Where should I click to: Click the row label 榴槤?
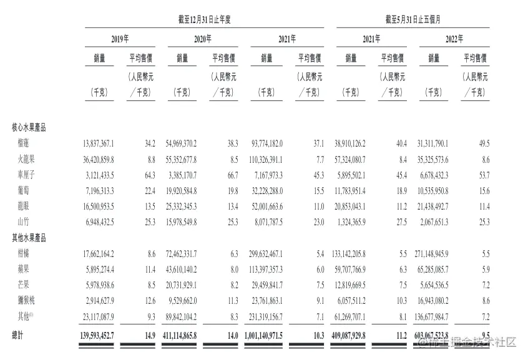click(27, 144)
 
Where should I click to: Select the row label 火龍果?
click(30, 160)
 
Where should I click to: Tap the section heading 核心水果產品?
click(29, 127)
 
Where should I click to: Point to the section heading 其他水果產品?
click(29, 238)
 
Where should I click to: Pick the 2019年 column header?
click(120, 39)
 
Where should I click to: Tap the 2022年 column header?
click(454, 39)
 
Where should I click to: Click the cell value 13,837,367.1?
click(98, 144)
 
